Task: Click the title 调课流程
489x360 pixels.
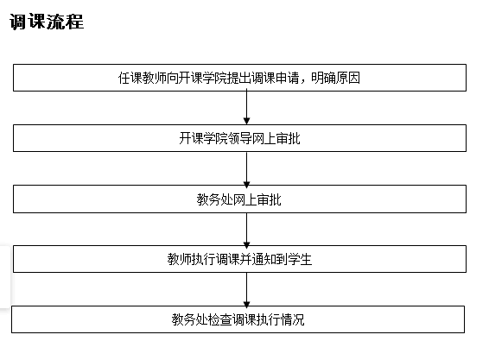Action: click(47, 22)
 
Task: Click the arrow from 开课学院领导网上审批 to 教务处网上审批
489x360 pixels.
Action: click(247, 168)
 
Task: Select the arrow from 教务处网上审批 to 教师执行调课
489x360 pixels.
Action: click(247, 230)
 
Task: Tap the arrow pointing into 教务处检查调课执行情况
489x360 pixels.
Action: click(247, 289)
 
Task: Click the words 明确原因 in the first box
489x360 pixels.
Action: click(335, 78)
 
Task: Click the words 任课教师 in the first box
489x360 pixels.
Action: click(143, 78)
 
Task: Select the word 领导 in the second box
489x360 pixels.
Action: click(239, 138)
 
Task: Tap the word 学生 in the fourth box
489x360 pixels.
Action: click(300, 259)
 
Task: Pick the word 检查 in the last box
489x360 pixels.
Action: click(219, 319)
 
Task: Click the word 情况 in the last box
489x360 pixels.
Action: click(293, 319)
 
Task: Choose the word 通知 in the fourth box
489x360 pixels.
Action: click(264, 259)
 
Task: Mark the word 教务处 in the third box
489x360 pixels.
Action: click(215, 199)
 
